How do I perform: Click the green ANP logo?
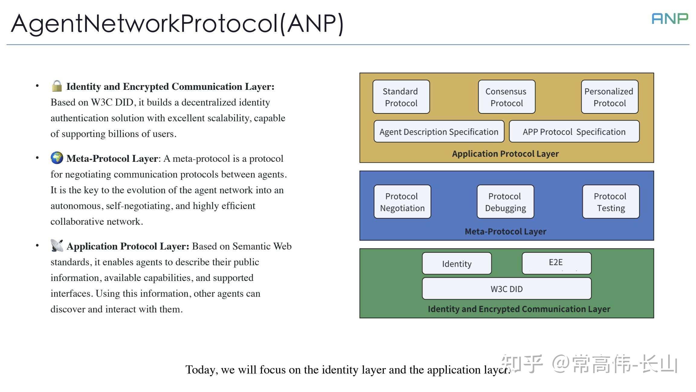(x=670, y=19)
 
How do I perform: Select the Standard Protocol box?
(x=401, y=97)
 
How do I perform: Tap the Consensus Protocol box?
(x=507, y=97)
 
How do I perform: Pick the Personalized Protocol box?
(x=609, y=97)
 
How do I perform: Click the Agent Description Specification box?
(x=439, y=132)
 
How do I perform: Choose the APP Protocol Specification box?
(x=574, y=132)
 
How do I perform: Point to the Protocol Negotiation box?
(x=402, y=202)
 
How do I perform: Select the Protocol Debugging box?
(x=505, y=202)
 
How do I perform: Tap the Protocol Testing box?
(x=611, y=202)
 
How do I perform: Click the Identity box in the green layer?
(x=456, y=264)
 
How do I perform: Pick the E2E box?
(x=556, y=263)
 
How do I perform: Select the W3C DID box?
(x=507, y=289)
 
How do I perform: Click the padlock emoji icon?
(x=57, y=86)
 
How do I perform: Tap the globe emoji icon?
(x=57, y=158)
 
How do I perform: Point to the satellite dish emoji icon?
(x=57, y=246)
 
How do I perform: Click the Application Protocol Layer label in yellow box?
(x=505, y=154)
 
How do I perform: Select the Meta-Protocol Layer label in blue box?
(x=505, y=231)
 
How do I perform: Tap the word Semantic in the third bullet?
(x=251, y=246)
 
